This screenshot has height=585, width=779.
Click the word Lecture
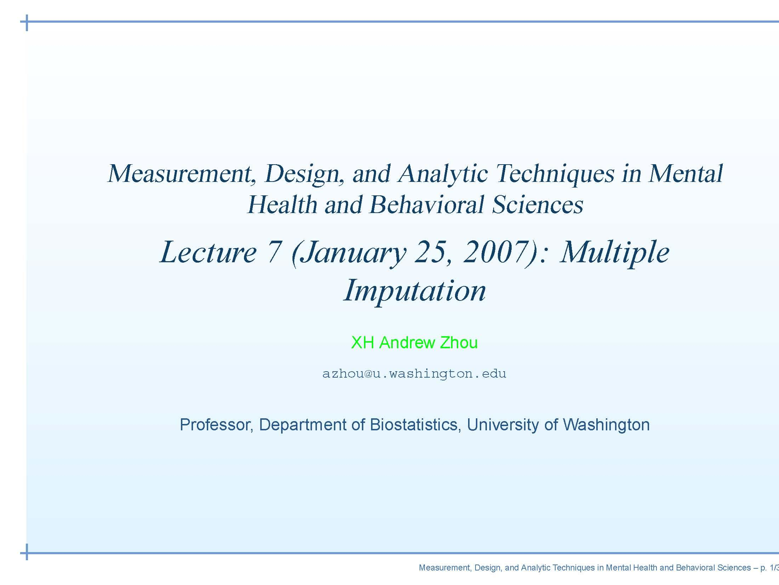[208, 252]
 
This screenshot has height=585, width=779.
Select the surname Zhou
[459, 343]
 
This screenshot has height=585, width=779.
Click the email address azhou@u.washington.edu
[414, 374]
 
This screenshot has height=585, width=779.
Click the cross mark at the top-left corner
[27, 22]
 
